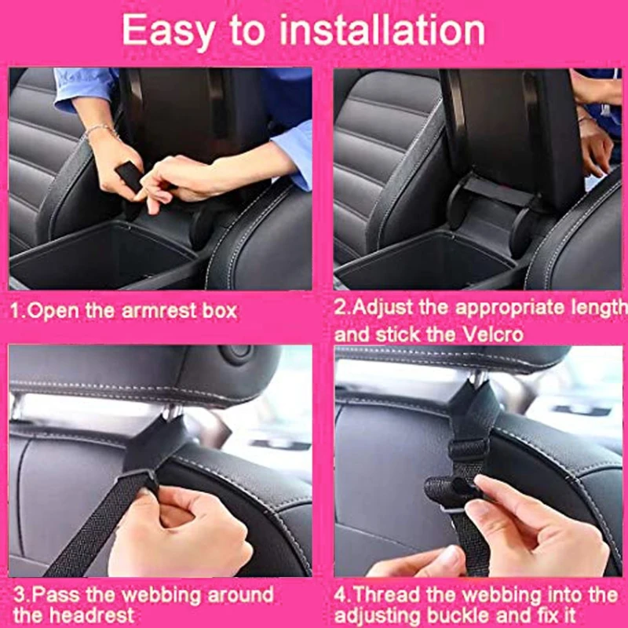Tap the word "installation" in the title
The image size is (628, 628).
(384, 31)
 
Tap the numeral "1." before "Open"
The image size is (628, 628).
(16, 310)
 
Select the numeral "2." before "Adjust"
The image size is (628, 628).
(342, 307)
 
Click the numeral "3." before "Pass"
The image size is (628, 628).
(16, 593)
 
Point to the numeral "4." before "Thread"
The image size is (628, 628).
(342, 593)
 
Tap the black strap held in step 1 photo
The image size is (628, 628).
(130, 177)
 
